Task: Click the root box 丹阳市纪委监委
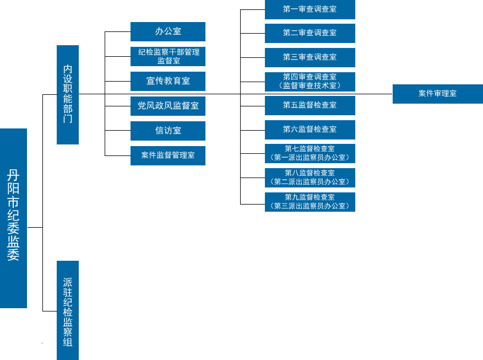tap(13, 218)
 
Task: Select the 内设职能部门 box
tap(68, 94)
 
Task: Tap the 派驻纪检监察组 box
tap(68, 310)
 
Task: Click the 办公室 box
tap(168, 31)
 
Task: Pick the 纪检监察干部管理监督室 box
tap(168, 56)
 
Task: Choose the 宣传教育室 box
tap(168, 81)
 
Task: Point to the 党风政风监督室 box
tap(168, 106)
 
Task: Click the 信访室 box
tap(168, 131)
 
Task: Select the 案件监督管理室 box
tap(168, 155)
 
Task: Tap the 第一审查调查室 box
tap(310, 9)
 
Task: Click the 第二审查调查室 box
tap(310, 33)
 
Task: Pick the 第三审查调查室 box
tap(310, 57)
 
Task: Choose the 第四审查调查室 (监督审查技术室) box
tap(310, 81)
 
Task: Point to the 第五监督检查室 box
tap(310, 105)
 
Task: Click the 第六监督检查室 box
tap(310, 130)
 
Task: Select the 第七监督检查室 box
tap(310, 153)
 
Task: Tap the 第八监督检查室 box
tap(310, 178)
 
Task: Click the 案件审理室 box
tap(437, 94)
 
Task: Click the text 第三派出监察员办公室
tap(310, 206)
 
